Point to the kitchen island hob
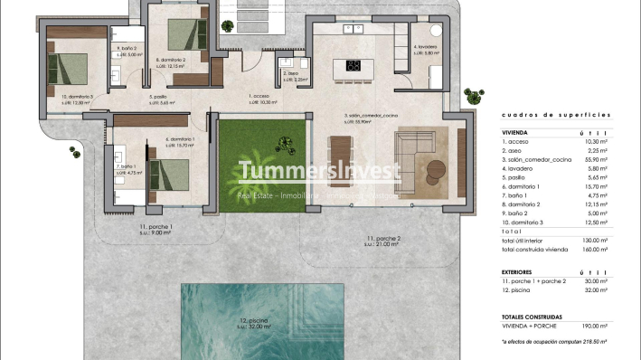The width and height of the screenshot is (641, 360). tap(353, 65)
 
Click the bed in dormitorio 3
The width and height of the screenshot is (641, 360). tap(69, 67)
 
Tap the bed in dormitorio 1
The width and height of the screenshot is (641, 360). tap(168, 171)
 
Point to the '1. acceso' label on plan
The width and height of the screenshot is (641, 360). tap(259, 96)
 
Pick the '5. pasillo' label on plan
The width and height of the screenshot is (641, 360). tap(159, 96)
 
